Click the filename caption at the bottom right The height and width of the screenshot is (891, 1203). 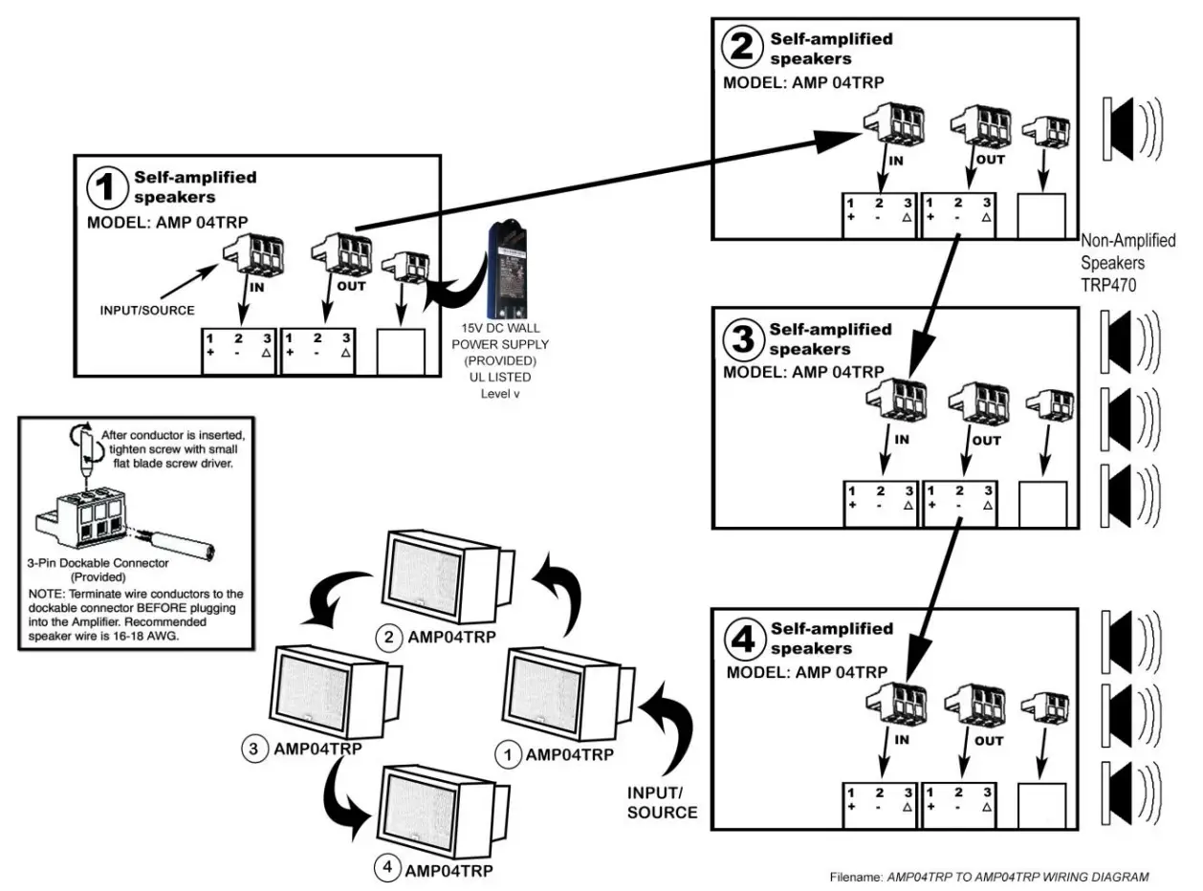[991, 876]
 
